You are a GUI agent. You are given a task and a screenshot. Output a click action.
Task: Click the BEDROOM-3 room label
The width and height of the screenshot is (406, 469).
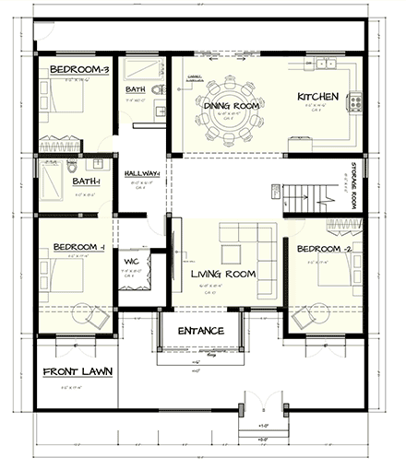79,70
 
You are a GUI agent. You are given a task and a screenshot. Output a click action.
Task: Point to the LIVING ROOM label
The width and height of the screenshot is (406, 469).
222,274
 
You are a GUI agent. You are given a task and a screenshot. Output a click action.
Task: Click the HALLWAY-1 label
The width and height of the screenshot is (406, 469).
141,173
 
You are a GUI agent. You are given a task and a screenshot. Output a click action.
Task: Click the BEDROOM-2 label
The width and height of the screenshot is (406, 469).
324,249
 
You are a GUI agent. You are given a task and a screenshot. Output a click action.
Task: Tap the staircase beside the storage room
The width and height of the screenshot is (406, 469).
303,196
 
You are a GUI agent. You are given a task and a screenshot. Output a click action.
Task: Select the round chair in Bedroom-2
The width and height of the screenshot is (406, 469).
305,319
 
